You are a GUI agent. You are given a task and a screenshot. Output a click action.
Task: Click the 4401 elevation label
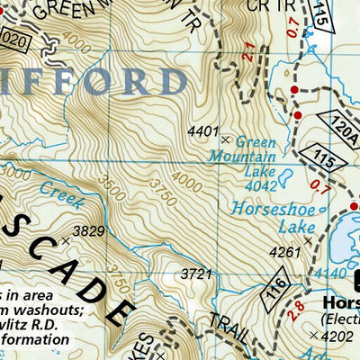tap(202, 131)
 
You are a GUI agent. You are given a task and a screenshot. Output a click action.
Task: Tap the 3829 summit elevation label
tap(87, 231)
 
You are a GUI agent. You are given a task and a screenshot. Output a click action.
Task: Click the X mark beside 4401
tap(224, 139)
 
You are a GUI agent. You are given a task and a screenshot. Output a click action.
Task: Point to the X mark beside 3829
tap(65, 239)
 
